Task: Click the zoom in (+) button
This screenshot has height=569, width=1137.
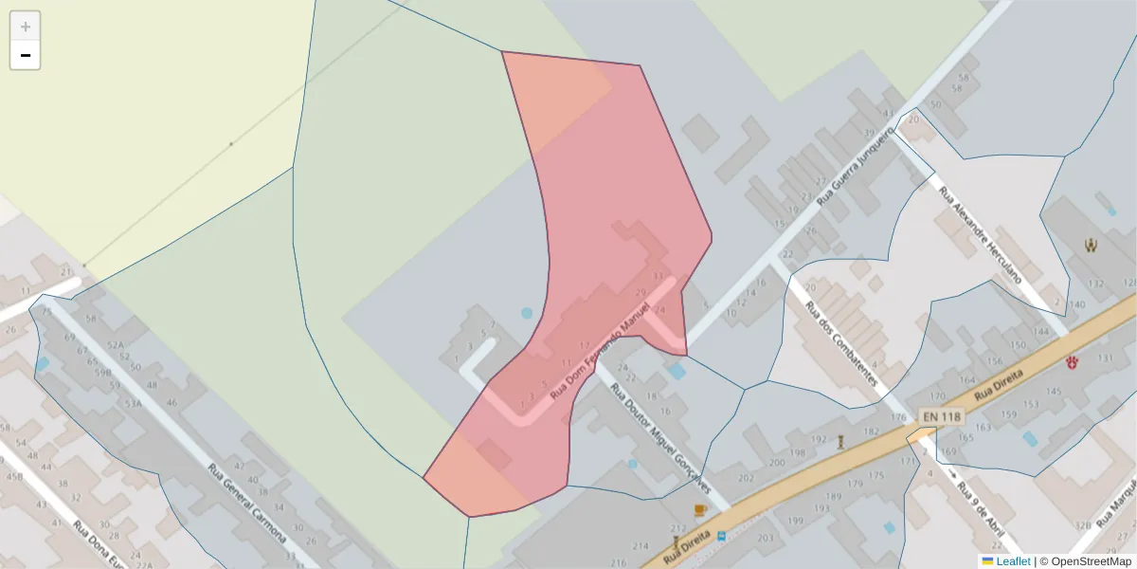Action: point(26,27)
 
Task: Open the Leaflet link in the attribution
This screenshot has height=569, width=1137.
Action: point(1013,561)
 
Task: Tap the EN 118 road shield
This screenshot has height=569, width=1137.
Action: point(940,416)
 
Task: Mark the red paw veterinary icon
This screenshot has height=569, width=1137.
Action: point(1072,361)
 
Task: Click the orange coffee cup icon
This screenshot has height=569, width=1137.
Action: point(700,510)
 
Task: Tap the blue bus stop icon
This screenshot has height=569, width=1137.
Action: point(721,537)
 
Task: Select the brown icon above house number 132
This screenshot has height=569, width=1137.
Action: point(1091,246)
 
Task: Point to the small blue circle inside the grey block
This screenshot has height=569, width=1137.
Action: point(527,313)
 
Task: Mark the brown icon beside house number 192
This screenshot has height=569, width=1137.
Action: point(840,440)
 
